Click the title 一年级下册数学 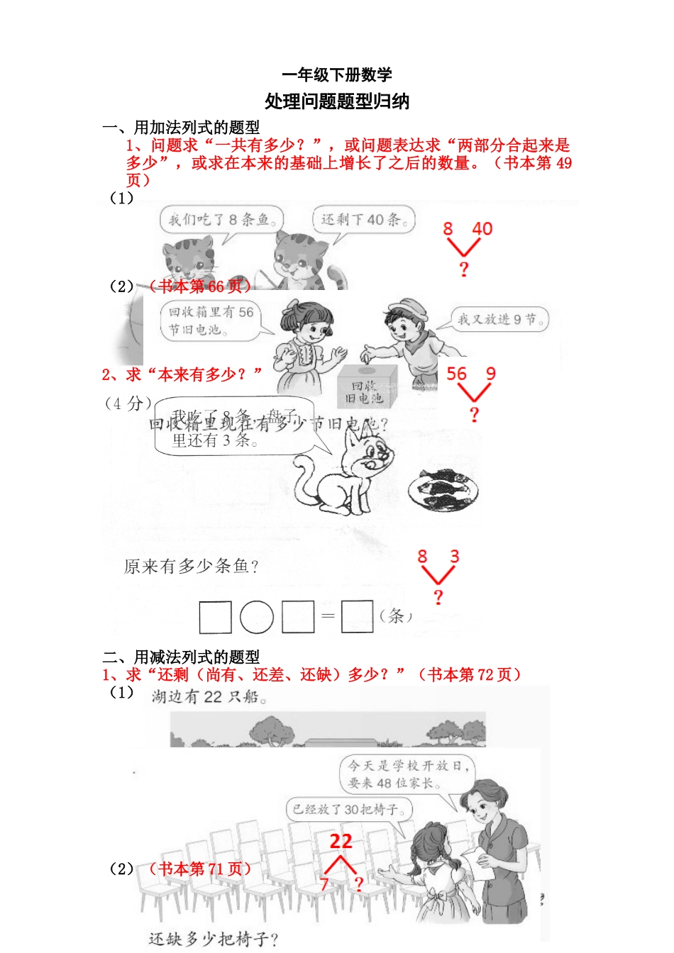pyautogui.click(x=336, y=74)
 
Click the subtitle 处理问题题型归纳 pyautogui.click(x=336, y=101)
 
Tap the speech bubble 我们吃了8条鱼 pyautogui.click(x=221, y=220)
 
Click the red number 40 pyautogui.click(x=482, y=229)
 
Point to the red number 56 pyautogui.click(x=456, y=374)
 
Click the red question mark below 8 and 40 pyautogui.click(x=464, y=269)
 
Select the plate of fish pyautogui.click(x=443, y=489)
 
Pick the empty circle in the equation pyautogui.click(x=257, y=617)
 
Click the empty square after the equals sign pyautogui.click(x=357, y=617)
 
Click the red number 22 pyautogui.click(x=341, y=842)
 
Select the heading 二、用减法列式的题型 pyautogui.click(x=181, y=657)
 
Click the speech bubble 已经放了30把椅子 pyautogui.click(x=349, y=809)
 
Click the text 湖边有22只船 pyautogui.click(x=209, y=697)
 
